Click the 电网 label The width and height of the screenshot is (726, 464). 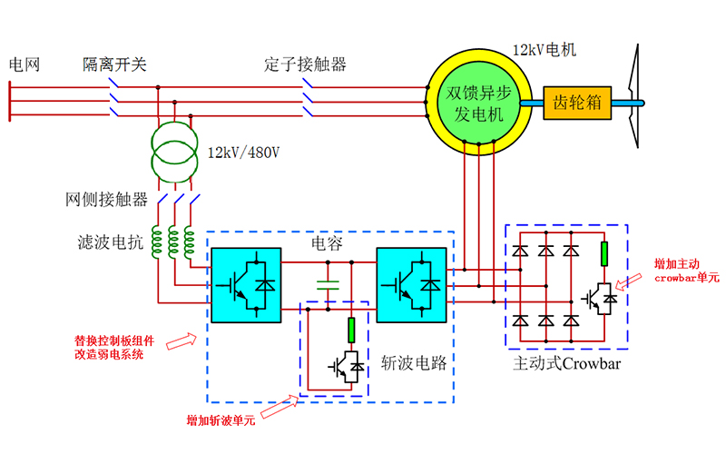(25, 64)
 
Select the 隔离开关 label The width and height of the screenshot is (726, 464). (114, 64)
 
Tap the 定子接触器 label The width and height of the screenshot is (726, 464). (306, 64)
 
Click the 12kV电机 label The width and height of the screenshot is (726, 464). (544, 50)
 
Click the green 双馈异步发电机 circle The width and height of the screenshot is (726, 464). (476, 103)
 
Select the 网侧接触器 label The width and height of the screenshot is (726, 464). (106, 200)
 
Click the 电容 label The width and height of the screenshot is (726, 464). (328, 244)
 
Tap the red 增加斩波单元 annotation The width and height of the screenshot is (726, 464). (221, 420)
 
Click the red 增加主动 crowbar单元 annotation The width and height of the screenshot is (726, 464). (687, 271)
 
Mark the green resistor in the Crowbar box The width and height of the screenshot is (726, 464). (604, 254)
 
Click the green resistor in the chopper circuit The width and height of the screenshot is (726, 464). (351, 330)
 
